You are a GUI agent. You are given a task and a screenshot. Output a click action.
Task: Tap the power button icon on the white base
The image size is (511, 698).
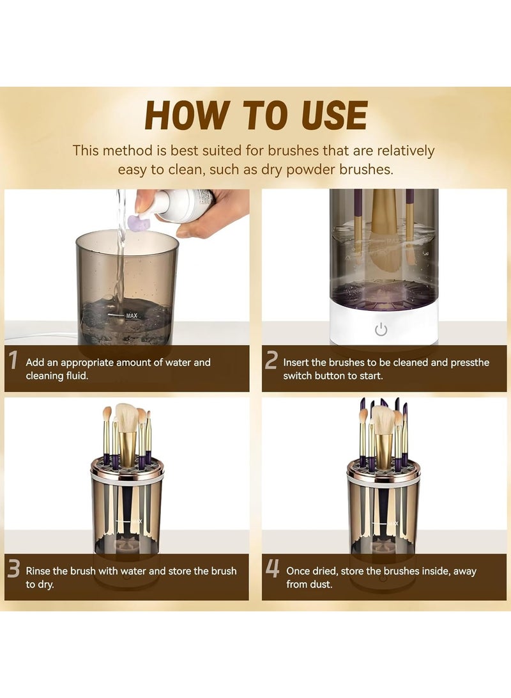(x=381, y=330)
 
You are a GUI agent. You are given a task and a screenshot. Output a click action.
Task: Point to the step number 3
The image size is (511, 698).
(x=13, y=569)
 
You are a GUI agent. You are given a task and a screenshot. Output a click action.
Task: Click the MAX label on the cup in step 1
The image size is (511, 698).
(x=132, y=315)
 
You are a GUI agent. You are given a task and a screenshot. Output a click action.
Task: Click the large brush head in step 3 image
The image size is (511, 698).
(x=126, y=417)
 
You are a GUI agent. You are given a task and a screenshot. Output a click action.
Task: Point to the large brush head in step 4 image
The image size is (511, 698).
(x=383, y=419)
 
